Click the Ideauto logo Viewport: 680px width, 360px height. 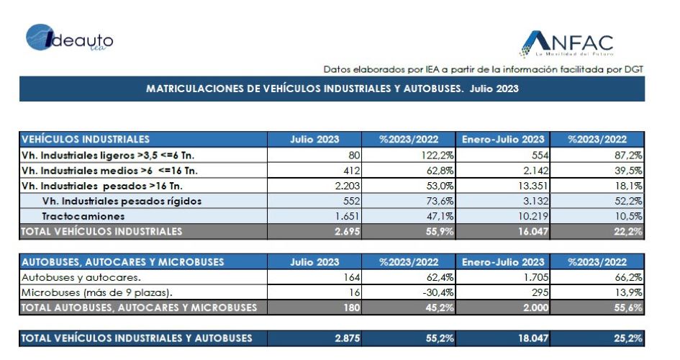(x=70, y=39)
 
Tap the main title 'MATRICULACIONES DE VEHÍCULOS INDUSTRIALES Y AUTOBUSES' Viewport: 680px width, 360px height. (x=332, y=89)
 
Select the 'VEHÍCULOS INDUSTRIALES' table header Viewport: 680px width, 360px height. (x=86, y=139)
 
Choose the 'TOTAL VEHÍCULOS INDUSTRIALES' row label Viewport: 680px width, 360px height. (x=102, y=232)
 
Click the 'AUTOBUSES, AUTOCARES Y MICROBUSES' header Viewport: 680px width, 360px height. (x=123, y=262)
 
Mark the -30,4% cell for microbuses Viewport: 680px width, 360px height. (x=437, y=292)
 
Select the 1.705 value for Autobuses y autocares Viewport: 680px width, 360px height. (x=535, y=277)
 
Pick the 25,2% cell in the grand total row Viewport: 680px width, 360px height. (x=626, y=338)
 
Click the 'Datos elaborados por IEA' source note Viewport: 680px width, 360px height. (x=483, y=69)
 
